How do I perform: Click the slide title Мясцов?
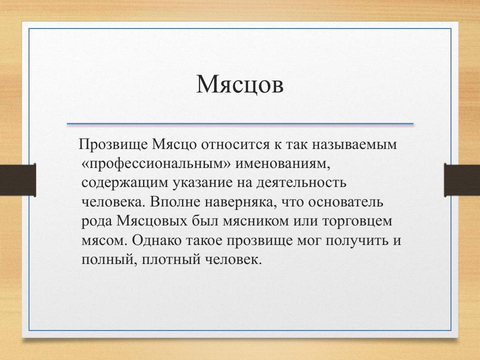240,84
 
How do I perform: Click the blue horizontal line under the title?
240,123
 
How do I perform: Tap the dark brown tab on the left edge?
17,180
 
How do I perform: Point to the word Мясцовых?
154,220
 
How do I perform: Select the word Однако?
153,240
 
